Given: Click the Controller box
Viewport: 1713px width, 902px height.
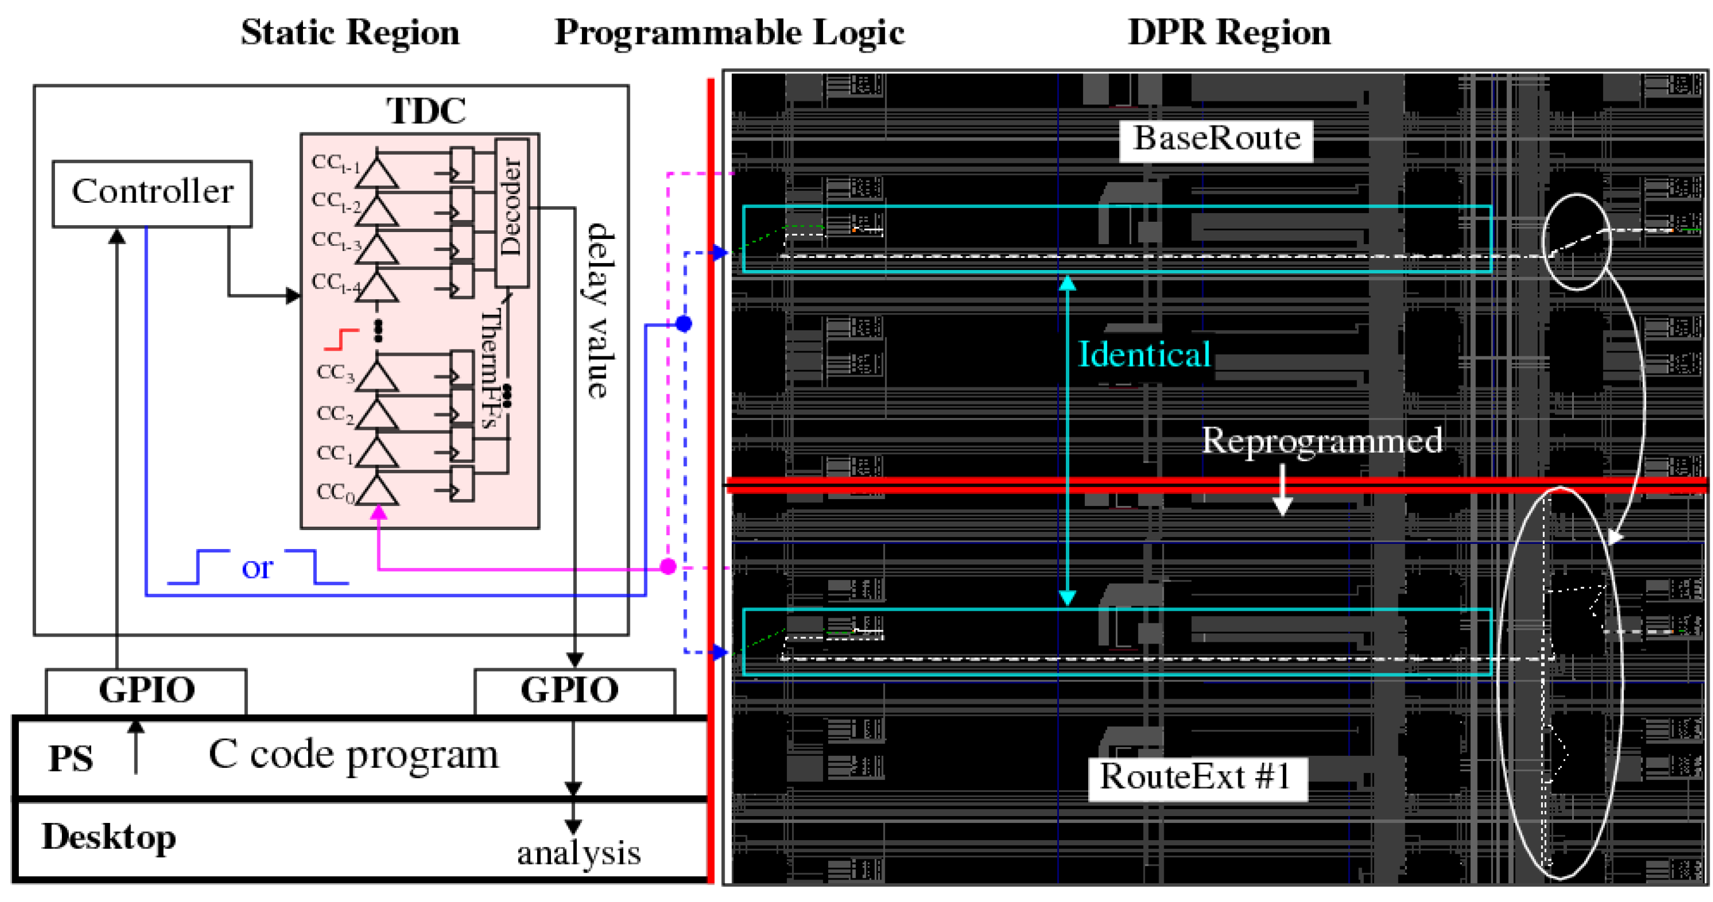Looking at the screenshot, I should click(x=152, y=193).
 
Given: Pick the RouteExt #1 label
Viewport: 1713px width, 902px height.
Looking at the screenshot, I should click(x=1196, y=778).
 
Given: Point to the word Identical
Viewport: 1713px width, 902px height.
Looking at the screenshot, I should click(x=1143, y=355).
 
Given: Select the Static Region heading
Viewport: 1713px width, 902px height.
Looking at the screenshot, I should click(x=350, y=32).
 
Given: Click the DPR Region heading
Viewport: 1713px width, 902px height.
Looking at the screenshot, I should click(x=1229, y=32).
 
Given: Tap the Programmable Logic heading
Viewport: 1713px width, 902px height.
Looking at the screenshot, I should click(x=729, y=32).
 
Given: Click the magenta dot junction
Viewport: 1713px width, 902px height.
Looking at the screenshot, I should click(x=668, y=567).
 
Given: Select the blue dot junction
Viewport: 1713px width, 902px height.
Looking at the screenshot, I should click(x=684, y=324).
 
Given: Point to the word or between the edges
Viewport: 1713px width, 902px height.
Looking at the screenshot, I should click(x=257, y=568).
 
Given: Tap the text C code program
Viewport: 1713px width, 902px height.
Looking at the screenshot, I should click(x=353, y=755).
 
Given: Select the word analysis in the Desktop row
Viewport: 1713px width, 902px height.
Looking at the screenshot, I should click(x=578, y=853).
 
